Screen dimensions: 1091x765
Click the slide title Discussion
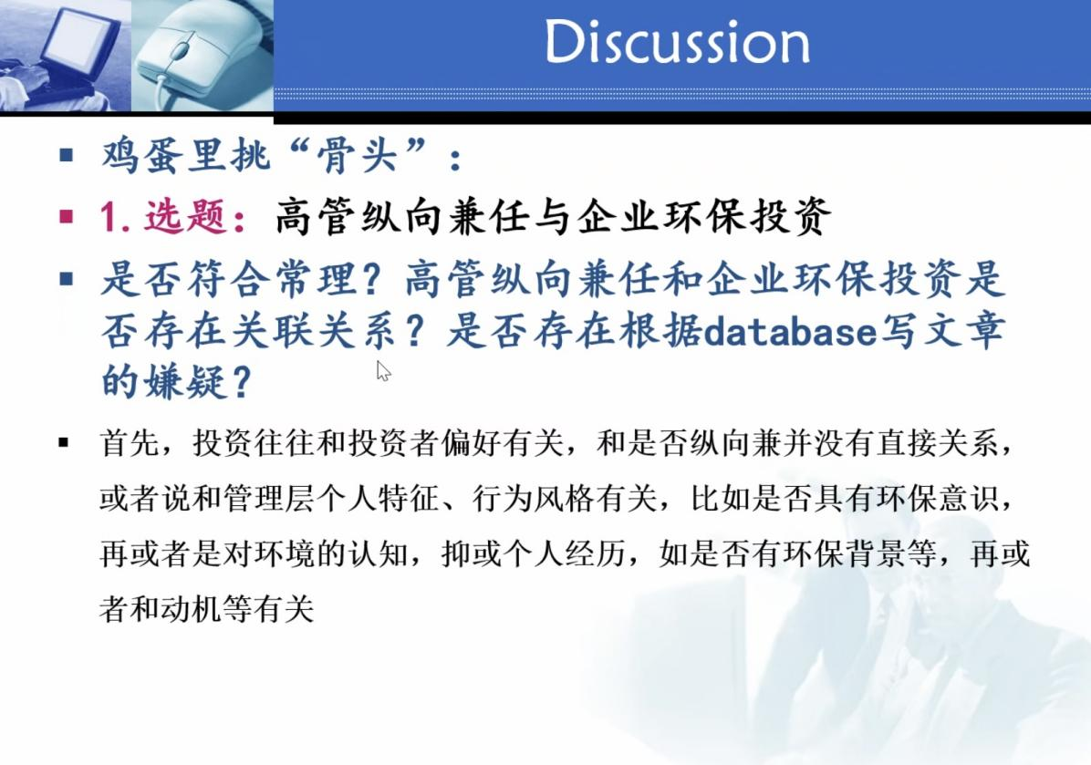677,42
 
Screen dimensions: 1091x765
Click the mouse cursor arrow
383,371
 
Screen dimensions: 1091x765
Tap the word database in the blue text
789,331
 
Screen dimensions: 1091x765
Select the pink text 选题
185,216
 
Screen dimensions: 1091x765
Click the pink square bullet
67,217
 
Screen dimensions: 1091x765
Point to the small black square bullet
64,442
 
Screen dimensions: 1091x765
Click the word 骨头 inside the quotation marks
357,154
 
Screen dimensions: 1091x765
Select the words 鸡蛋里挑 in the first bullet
185,154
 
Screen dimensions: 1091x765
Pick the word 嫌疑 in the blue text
185,381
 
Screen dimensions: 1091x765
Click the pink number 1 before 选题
109,216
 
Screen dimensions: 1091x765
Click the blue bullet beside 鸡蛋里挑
67,155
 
